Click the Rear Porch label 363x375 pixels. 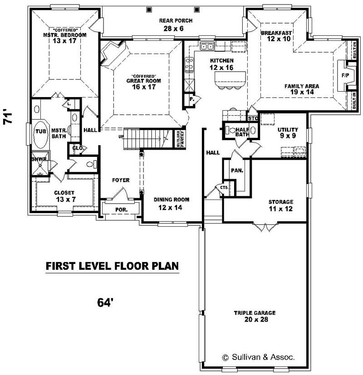click(176, 20)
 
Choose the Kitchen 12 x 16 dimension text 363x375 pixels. click(221, 67)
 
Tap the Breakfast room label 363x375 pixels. click(276, 33)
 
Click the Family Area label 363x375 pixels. click(302, 86)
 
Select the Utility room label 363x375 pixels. click(288, 130)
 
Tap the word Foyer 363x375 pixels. click(121, 180)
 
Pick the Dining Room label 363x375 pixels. click(171, 200)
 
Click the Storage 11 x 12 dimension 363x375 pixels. click(281, 209)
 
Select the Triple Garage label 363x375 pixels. click(255, 313)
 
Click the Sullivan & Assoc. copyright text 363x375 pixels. click(258, 357)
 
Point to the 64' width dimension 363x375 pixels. click(104, 302)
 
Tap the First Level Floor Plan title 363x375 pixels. click(112, 266)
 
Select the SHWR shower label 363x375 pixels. click(37, 159)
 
